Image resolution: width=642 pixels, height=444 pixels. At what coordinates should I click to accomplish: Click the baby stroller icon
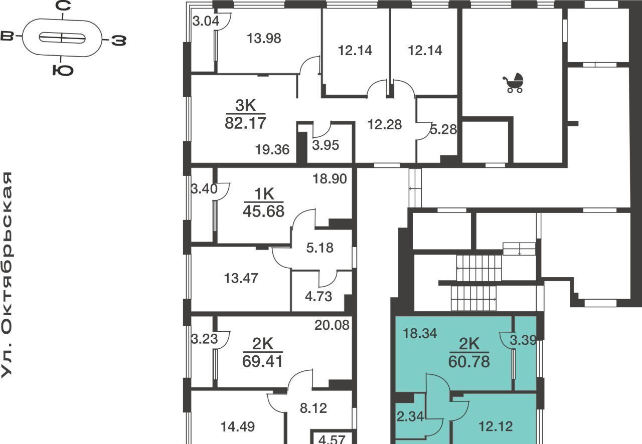pyautogui.click(x=513, y=83)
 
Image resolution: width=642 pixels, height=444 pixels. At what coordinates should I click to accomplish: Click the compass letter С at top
pyautogui.click(x=63, y=6)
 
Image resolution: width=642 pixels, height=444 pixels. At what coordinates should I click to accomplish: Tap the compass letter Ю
pyautogui.click(x=63, y=70)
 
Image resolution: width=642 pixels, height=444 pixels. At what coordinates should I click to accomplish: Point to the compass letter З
pyautogui.click(x=119, y=41)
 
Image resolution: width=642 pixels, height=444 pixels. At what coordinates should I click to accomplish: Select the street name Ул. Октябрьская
pyautogui.click(x=7, y=275)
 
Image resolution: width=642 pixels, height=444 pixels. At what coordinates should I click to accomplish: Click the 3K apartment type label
pyautogui.click(x=245, y=105)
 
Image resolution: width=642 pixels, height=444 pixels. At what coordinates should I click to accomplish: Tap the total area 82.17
pyautogui.click(x=245, y=123)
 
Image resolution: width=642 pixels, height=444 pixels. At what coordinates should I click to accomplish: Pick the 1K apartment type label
pyautogui.click(x=264, y=194)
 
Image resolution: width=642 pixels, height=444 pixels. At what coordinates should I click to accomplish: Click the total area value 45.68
pyautogui.click(x=263, y=211)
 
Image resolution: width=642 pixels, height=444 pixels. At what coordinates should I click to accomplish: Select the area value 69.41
pyautogui.click(x=262, y=361)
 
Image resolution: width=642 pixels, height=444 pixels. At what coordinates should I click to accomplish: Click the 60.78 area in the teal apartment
pyautogui.click(x=469, y=361)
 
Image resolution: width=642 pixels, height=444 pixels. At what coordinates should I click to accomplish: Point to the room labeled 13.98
pyautogui.click(x=264, y=39)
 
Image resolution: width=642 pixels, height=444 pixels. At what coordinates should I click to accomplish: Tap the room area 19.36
pyautogui.click(x=272, y=150)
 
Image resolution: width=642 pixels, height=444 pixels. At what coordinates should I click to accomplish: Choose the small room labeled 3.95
pyautogui.click(x=326, y=145)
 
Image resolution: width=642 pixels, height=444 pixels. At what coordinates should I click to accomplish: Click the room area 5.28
pyautogui.click(x=443, y=129)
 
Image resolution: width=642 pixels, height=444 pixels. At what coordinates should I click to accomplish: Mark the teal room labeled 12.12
pyautogui.click(x=496, y=426)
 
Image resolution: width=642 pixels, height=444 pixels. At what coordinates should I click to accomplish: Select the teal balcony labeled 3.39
pyautogui.click(x=523, y=340)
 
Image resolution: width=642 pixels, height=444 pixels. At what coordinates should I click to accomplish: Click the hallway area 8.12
pyautogui.click(x=313, y=408)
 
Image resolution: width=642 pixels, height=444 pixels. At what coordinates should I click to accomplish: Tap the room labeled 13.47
pyautogui.click(x=241, y=279)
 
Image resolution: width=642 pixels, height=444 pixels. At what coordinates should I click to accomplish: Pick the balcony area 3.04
pyautogui.click(x=206, y=21)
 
